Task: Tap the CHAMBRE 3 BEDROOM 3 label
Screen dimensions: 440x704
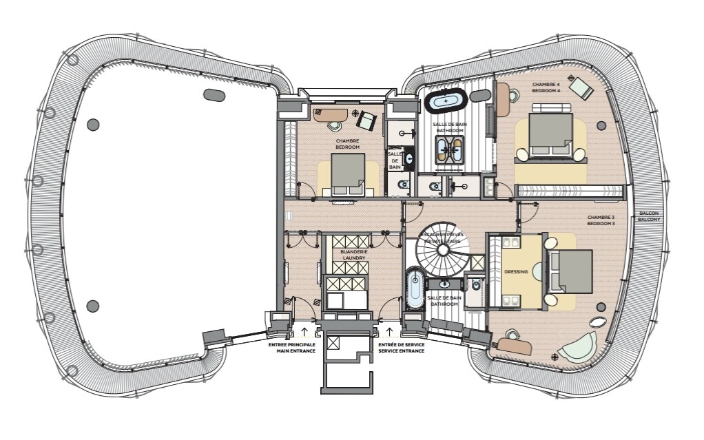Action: [x=601, y=220]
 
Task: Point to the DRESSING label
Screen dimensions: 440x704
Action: [x=516, y=272]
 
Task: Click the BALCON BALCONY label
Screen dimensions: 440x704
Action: [x=649, y=216]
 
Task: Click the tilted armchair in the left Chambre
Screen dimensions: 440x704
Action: [x=366, y=121]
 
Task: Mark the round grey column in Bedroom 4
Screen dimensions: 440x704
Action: [x=601, y=126]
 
